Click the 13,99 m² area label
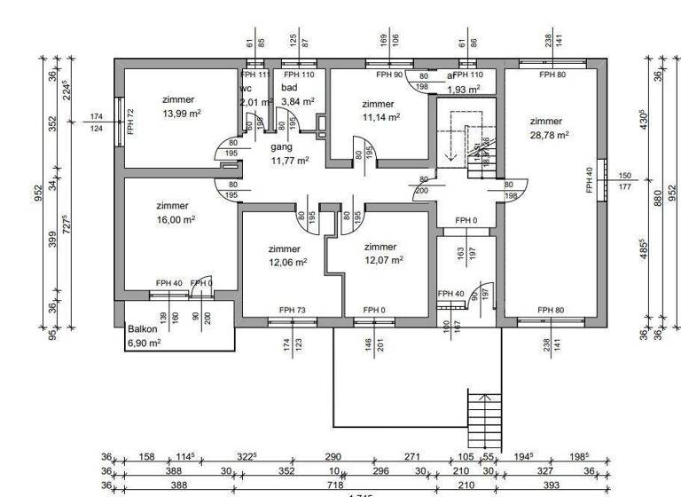coord(182,114)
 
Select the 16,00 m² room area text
coord(176,218)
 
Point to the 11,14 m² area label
coord(381,116)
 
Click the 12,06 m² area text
coord(287,263)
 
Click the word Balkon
coord(142,328)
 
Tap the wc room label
coord(246,88)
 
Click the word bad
coord(290,88)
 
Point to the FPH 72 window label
coord(130,121)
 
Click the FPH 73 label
coord(292,310)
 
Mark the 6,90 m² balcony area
coord(144,343)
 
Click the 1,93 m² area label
coord(464,91)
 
